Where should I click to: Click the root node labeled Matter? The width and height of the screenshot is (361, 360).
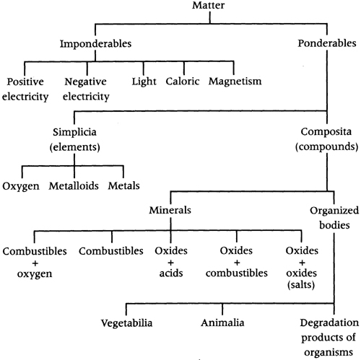[x=209, y=5]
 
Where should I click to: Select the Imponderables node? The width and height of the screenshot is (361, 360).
[x=95, y=43]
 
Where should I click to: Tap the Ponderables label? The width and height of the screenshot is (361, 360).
[x=327, y=43]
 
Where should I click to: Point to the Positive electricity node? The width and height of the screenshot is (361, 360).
[x=25, y=89]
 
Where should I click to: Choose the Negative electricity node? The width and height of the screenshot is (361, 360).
[x=86, y=89]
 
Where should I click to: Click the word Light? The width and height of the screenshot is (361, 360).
[x=144, y=82]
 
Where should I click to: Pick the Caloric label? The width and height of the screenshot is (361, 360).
[x=183, y=81]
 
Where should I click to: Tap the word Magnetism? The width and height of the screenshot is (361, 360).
[x=235, y=82]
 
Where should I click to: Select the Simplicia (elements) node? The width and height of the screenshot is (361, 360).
[x=74, y=139]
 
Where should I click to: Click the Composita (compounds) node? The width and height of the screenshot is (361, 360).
[x=326, y=139]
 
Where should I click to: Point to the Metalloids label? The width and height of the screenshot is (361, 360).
[x=74, y=186]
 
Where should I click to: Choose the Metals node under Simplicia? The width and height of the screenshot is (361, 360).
[x=123, y=185]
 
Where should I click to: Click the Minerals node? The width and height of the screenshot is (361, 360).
[x=170, y=210]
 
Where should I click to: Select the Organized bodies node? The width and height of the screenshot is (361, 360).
[x=334, y=218]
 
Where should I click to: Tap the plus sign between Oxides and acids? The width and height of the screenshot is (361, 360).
[x=171, y=263]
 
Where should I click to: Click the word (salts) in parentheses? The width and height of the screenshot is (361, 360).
[x=301, y=285]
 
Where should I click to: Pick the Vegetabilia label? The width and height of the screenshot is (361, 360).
[x=126, y=323]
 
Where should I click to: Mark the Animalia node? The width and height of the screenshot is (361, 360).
[x=222, y=322]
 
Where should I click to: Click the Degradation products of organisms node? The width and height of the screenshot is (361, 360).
[x=329, y=338]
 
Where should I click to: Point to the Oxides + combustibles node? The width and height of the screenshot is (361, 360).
[x=237, y=262]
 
